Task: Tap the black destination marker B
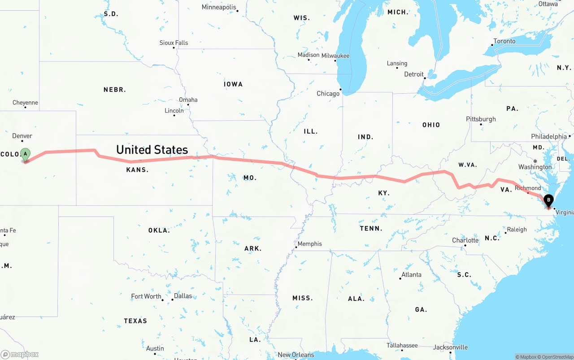548,200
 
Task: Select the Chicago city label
328,94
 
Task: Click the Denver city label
22,136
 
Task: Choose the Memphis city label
310,244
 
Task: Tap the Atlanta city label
411,274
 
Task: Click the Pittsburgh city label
481,119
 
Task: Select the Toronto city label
504,41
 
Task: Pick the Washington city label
535,167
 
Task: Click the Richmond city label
528,188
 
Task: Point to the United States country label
152,150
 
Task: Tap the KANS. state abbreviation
137,170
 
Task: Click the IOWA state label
233,84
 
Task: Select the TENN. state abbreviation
371,229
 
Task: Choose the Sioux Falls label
174,43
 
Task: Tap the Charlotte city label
465,240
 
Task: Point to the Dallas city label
183,296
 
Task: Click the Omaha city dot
188,105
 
